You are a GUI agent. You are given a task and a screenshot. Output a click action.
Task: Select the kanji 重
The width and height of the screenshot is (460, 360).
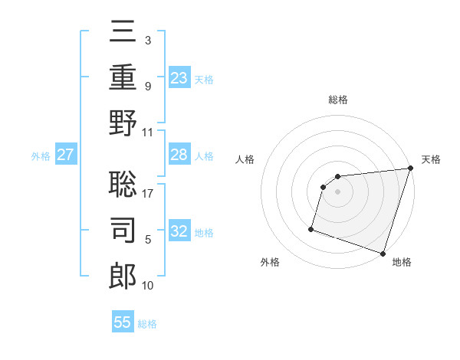point(123,77)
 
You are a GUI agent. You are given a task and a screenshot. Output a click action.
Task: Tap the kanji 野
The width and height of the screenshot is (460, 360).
point(123,123)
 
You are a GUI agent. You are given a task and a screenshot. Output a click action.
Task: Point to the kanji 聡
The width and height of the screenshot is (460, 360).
point(123,185)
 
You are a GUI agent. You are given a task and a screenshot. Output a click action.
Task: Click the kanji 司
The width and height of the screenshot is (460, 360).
point(123,231)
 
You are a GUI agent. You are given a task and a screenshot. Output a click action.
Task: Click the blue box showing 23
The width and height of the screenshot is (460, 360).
point(179,77)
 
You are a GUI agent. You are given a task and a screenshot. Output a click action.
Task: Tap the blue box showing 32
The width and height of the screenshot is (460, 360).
point(179,232)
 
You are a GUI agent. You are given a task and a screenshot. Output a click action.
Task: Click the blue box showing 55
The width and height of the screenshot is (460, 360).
point(123,322)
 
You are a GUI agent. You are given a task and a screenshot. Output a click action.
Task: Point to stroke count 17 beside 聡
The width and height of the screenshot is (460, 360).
point(148,193)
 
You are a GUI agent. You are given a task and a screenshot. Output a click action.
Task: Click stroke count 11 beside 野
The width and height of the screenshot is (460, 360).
point(148,132)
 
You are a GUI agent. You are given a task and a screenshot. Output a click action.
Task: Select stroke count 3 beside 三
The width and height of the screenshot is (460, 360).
point(148,40)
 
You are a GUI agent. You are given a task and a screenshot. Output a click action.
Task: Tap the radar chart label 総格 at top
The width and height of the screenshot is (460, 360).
point(337,100)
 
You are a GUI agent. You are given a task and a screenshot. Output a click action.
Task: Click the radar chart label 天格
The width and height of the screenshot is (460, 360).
point(431,159)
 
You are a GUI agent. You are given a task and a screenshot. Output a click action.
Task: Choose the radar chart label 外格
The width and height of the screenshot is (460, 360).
point(270,263)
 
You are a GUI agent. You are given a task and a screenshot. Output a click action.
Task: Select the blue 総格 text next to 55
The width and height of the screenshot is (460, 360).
point(147,324)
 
